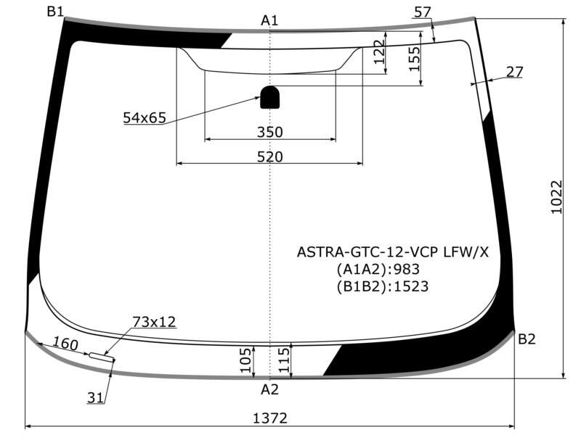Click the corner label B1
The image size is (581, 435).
pos(56,12)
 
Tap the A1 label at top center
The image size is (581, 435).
pos(269,20)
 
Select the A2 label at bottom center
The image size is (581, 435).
pos(269,389)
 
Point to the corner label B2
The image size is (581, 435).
pos(527,339)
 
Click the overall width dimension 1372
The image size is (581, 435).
pos(269,418)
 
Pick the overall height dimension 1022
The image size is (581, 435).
pos(556,197)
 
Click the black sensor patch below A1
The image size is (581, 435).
pos(270,97)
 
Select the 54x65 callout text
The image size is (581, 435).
pos(145,117)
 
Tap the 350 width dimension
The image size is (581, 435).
pos(269,132)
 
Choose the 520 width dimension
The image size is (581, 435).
pos(269,157)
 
